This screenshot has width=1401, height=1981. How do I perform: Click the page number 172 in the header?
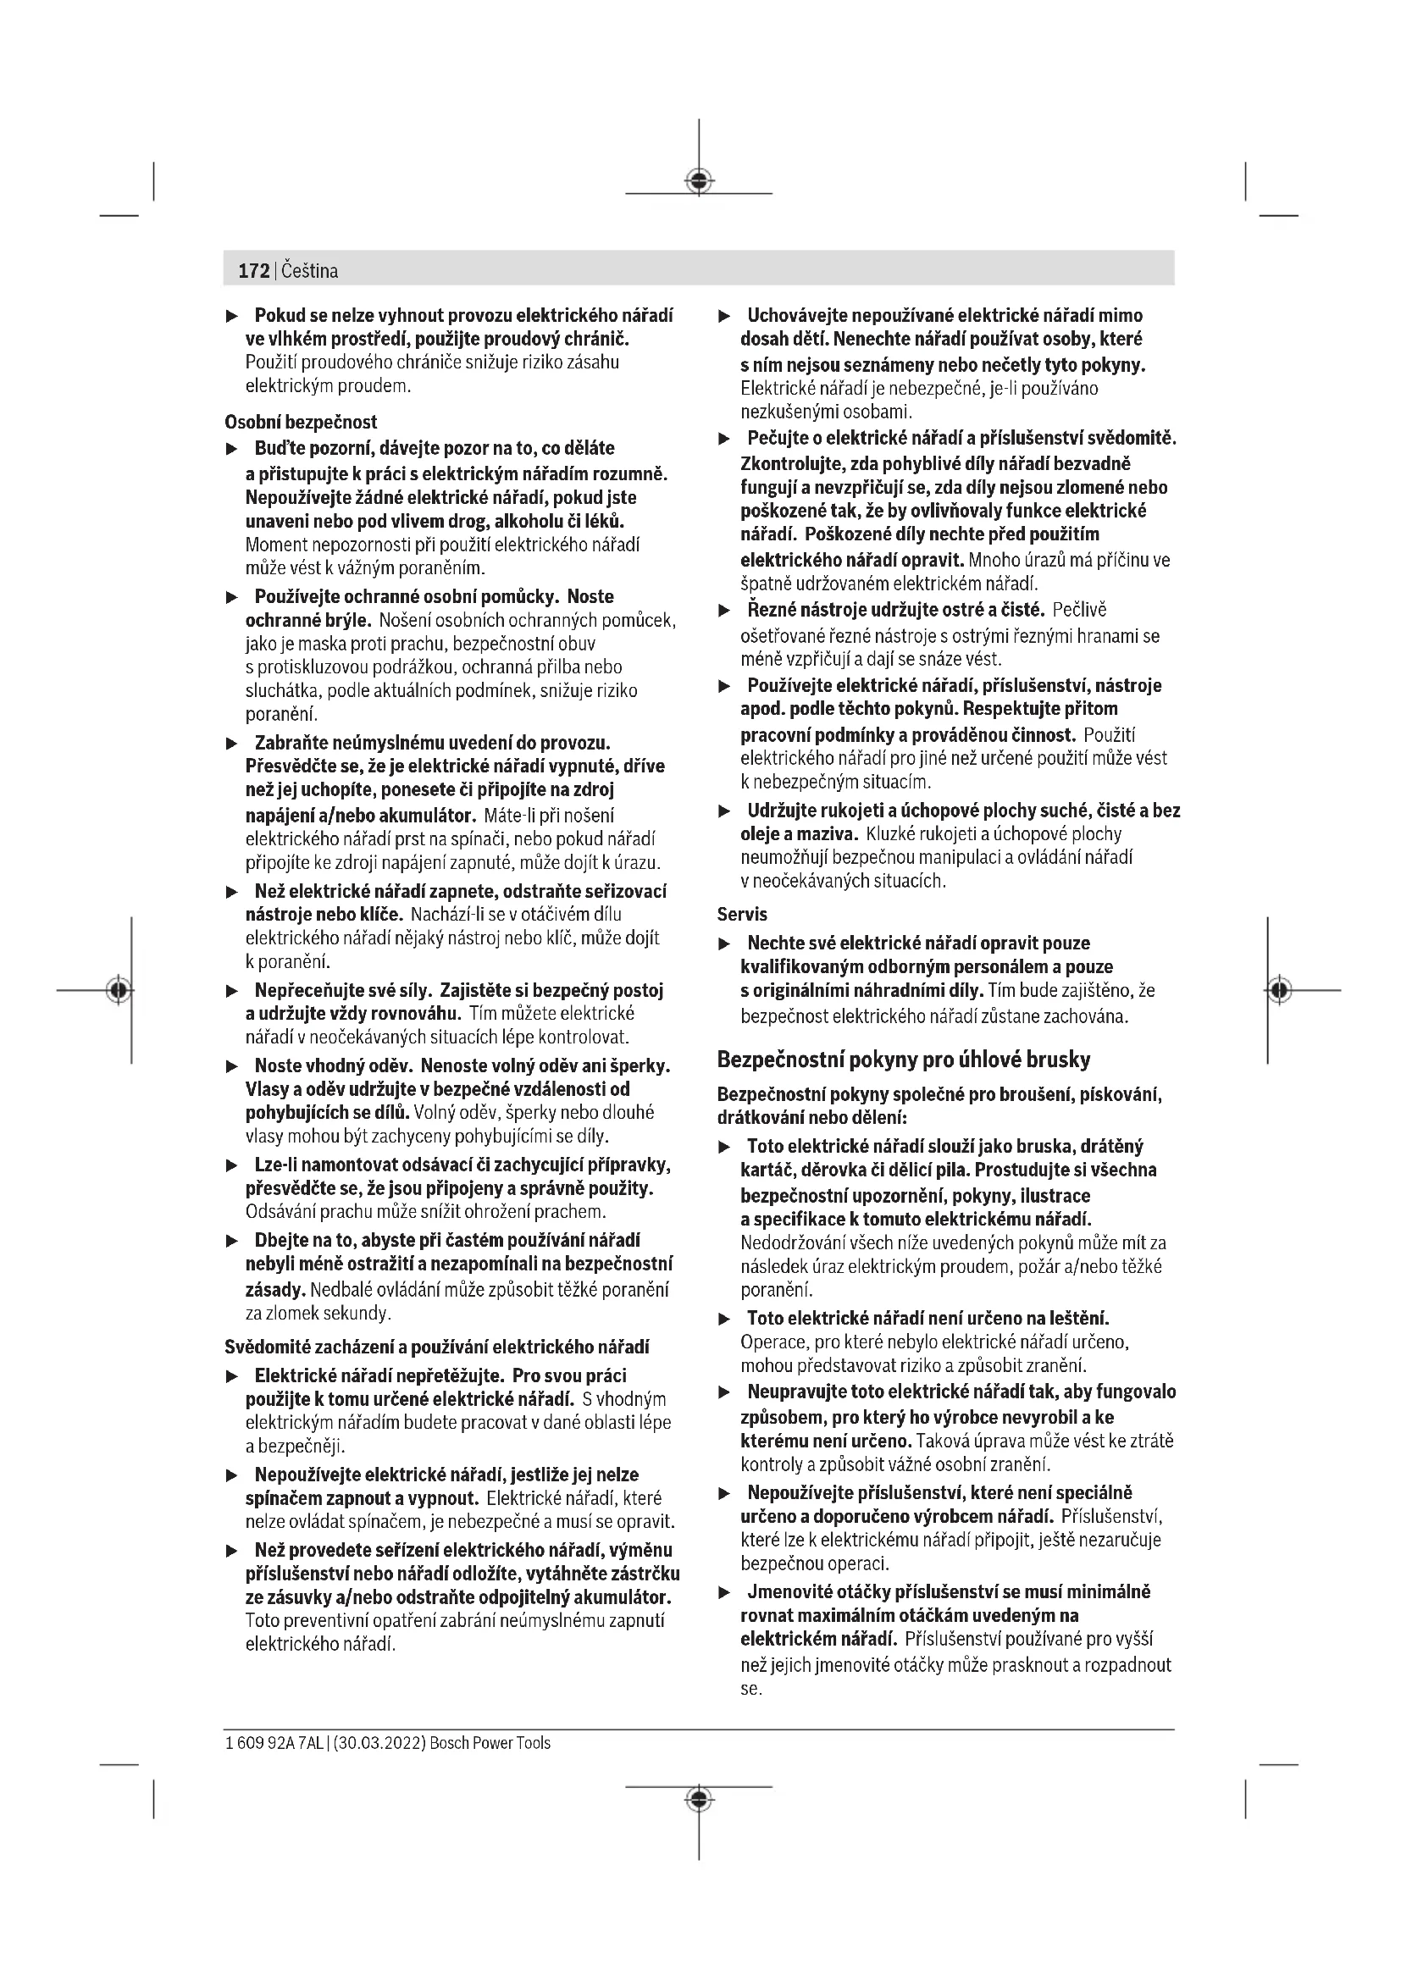(x=253, y=271)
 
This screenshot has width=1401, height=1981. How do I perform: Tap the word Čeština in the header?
(x=310, y=271)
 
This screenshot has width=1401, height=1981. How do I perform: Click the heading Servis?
(x=742, y=914)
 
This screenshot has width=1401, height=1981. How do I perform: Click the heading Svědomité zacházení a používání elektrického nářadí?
(x=436, y=1347)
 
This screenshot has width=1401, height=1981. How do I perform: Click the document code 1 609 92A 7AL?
(x=274, y=1743)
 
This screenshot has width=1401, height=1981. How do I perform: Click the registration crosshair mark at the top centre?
(x=699, y=180)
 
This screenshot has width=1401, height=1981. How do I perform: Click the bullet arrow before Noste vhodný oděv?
(x=231, y=1066)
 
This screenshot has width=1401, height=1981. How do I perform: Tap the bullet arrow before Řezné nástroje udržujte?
(x=725, y=611)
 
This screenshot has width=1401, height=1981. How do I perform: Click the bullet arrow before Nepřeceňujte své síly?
(x=231, y=992)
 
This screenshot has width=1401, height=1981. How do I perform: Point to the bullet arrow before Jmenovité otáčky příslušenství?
(x=725, y=1592)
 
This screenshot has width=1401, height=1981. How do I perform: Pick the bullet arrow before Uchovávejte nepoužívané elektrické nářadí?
(x=725, y=316)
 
